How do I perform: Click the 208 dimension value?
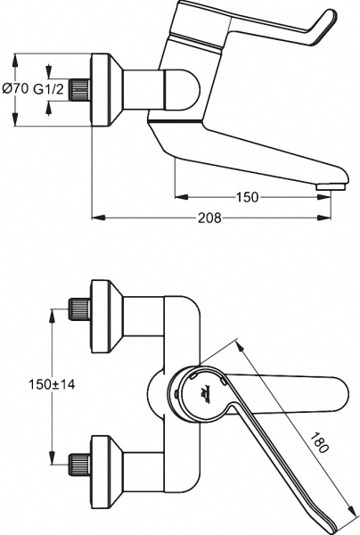click(x=209, y=217)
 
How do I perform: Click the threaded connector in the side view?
click(x=80, y=90)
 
